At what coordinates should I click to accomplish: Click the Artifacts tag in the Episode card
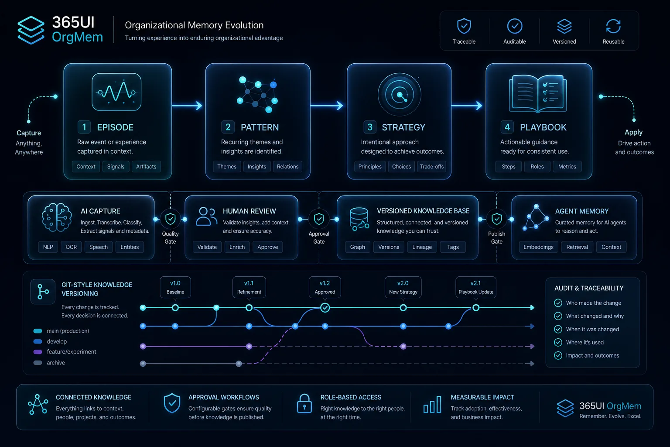(146, 166)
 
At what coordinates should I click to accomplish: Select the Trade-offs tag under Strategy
(431, 166)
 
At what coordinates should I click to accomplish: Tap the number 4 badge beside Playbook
(507, 127)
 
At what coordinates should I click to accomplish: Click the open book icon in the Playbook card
(537, 93)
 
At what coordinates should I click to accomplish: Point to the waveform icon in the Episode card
(116, 92)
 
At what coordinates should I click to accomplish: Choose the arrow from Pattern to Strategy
(327, 105)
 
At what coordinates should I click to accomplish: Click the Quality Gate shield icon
(170, 219)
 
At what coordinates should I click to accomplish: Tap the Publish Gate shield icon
(496, 219)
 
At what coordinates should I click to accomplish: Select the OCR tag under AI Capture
(71, 247)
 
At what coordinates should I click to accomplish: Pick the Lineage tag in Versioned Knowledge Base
(422, 247)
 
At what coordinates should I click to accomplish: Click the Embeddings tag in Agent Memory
(538, 247)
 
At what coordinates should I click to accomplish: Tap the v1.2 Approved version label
(325, 287)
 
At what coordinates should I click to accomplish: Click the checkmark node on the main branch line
(325, 307)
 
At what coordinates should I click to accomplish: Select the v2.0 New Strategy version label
(403, 287)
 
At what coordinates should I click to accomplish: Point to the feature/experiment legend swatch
(38, 352)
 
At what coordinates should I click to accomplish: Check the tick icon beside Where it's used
(558, 342)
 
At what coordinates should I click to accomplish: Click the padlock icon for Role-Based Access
(304, 404)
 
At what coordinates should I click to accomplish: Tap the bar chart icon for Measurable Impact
(433, 405)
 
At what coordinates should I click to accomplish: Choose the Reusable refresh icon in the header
(613, 26)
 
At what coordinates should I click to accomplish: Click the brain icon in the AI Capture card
(57, 217)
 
